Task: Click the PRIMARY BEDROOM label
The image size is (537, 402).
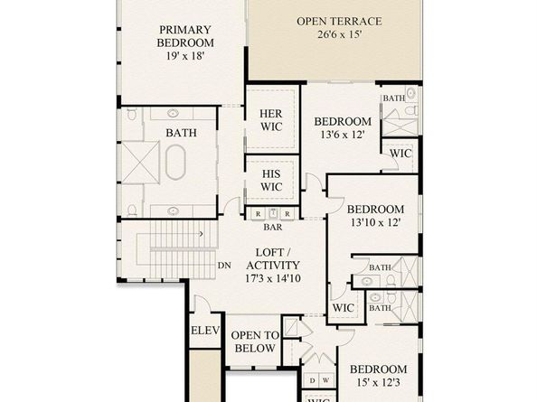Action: (x=184, y=35)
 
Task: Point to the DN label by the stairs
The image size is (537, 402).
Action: (x=225, y=266)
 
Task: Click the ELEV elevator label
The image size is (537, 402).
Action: (x=204, y=332)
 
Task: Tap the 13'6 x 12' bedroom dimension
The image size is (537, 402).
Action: (x=343, y=136)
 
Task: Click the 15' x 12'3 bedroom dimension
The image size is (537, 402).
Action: (x=379, y=385)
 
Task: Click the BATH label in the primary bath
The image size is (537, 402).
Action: (x=180, y=133)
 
